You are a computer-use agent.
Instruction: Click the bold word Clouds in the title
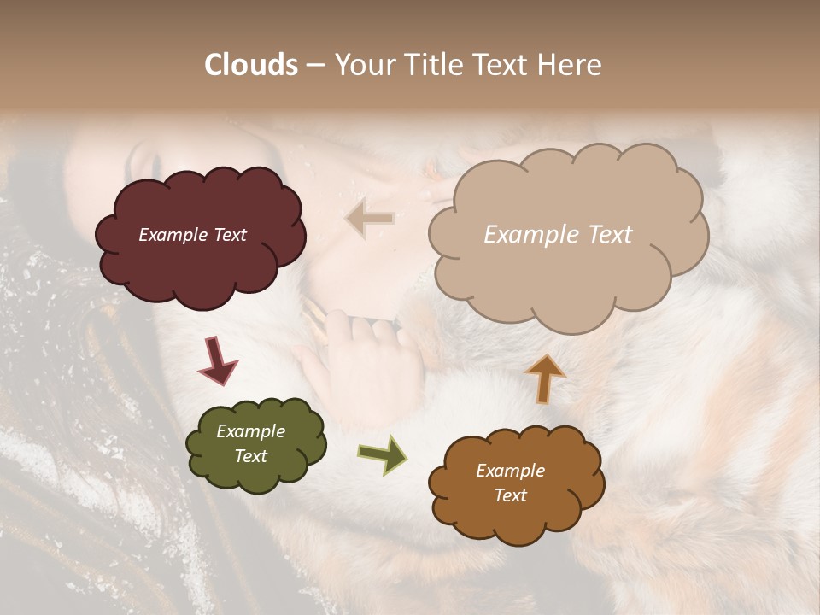point(251,65)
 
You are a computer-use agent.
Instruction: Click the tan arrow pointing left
point(370,219)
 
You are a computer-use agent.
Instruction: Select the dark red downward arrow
point(218,360)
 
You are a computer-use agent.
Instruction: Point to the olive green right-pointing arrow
point(383,454)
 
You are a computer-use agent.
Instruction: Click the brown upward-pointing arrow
point(545,378)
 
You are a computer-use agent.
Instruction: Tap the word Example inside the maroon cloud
point(172,235)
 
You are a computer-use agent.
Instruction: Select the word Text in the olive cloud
point(250,456)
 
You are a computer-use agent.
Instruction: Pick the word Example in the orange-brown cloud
point(510,471)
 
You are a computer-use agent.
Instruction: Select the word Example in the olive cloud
point(250,431)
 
